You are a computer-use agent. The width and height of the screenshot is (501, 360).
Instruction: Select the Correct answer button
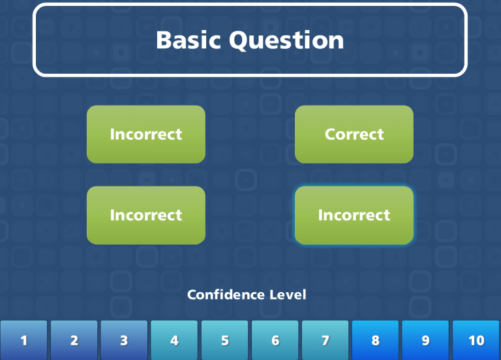click(x=354, y=134)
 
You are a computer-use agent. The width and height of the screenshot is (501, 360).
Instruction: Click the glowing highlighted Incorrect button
click(x=354, y=215)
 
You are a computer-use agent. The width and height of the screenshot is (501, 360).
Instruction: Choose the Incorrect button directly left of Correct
click(x=146, y=134)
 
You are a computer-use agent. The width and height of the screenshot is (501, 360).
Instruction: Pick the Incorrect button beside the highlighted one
click(x=146, y=215)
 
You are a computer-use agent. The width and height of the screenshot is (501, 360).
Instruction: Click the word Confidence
click(x=224, y=295)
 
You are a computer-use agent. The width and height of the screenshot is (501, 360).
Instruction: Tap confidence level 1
click(x=24, y=340)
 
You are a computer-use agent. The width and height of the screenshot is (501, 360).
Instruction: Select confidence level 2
click(x=74, y=340)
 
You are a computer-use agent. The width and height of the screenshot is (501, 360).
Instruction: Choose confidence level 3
click(x=124, y=340)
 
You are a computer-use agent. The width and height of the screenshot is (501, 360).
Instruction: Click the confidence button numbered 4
click(x=174, y=340)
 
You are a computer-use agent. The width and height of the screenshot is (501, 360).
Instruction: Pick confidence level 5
click(x=225, y=340)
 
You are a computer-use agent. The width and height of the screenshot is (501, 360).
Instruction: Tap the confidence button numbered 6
click(x=275, y=340)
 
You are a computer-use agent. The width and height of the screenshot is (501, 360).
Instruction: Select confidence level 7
click(x=326, y=340)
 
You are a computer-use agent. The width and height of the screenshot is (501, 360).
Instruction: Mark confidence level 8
click(x=376, y=340)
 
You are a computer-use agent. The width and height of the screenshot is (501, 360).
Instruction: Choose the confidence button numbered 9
click(x=425, y=340)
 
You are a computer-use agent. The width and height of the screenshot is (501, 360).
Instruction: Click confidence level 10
click(x=476, y=340)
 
